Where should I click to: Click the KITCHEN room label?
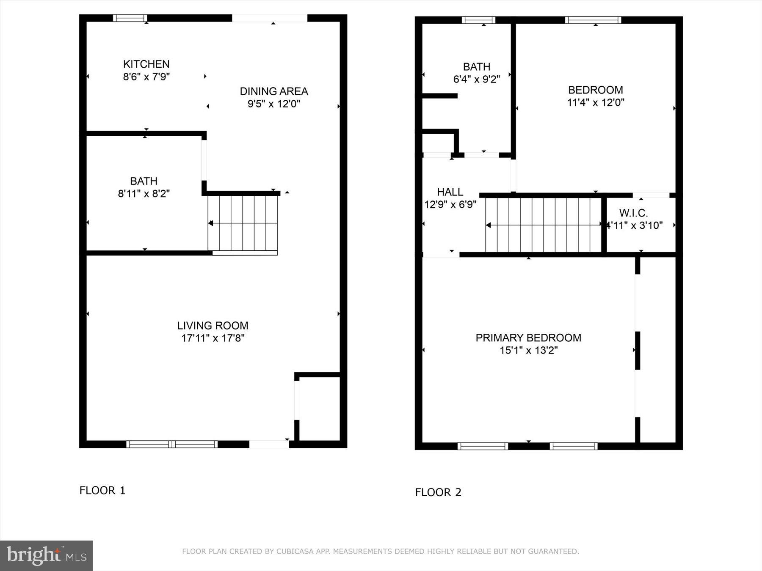click(x=146, y=64)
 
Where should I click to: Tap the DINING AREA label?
click(x=273, y=91)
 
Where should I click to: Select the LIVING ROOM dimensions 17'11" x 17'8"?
click(x=213, y=338)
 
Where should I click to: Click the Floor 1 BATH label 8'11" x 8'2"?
click(x=144, y=187)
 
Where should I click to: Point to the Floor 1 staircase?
click(x=243, y=223)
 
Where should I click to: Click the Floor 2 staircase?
click(x=544, y=225)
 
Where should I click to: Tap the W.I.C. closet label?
click(x=633, y=213)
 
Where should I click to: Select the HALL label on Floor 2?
click(x=450, y=192)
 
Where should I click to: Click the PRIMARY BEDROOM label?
click(x=528, y=338)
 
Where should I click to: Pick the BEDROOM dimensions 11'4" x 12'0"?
click(x=596, y=102)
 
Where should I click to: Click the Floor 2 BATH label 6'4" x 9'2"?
click(x=477, y=73)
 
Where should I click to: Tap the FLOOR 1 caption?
click(x=102, y=491)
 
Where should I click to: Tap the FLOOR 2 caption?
click(x=438, y=492)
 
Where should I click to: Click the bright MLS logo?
click(x=46, y=555)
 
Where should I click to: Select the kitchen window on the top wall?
click(x=130, y=18)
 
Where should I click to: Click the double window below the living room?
click(x=172, y=444)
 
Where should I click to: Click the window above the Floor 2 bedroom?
click(x=593, y=20)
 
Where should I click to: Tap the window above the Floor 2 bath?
click(x=478, y=20)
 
